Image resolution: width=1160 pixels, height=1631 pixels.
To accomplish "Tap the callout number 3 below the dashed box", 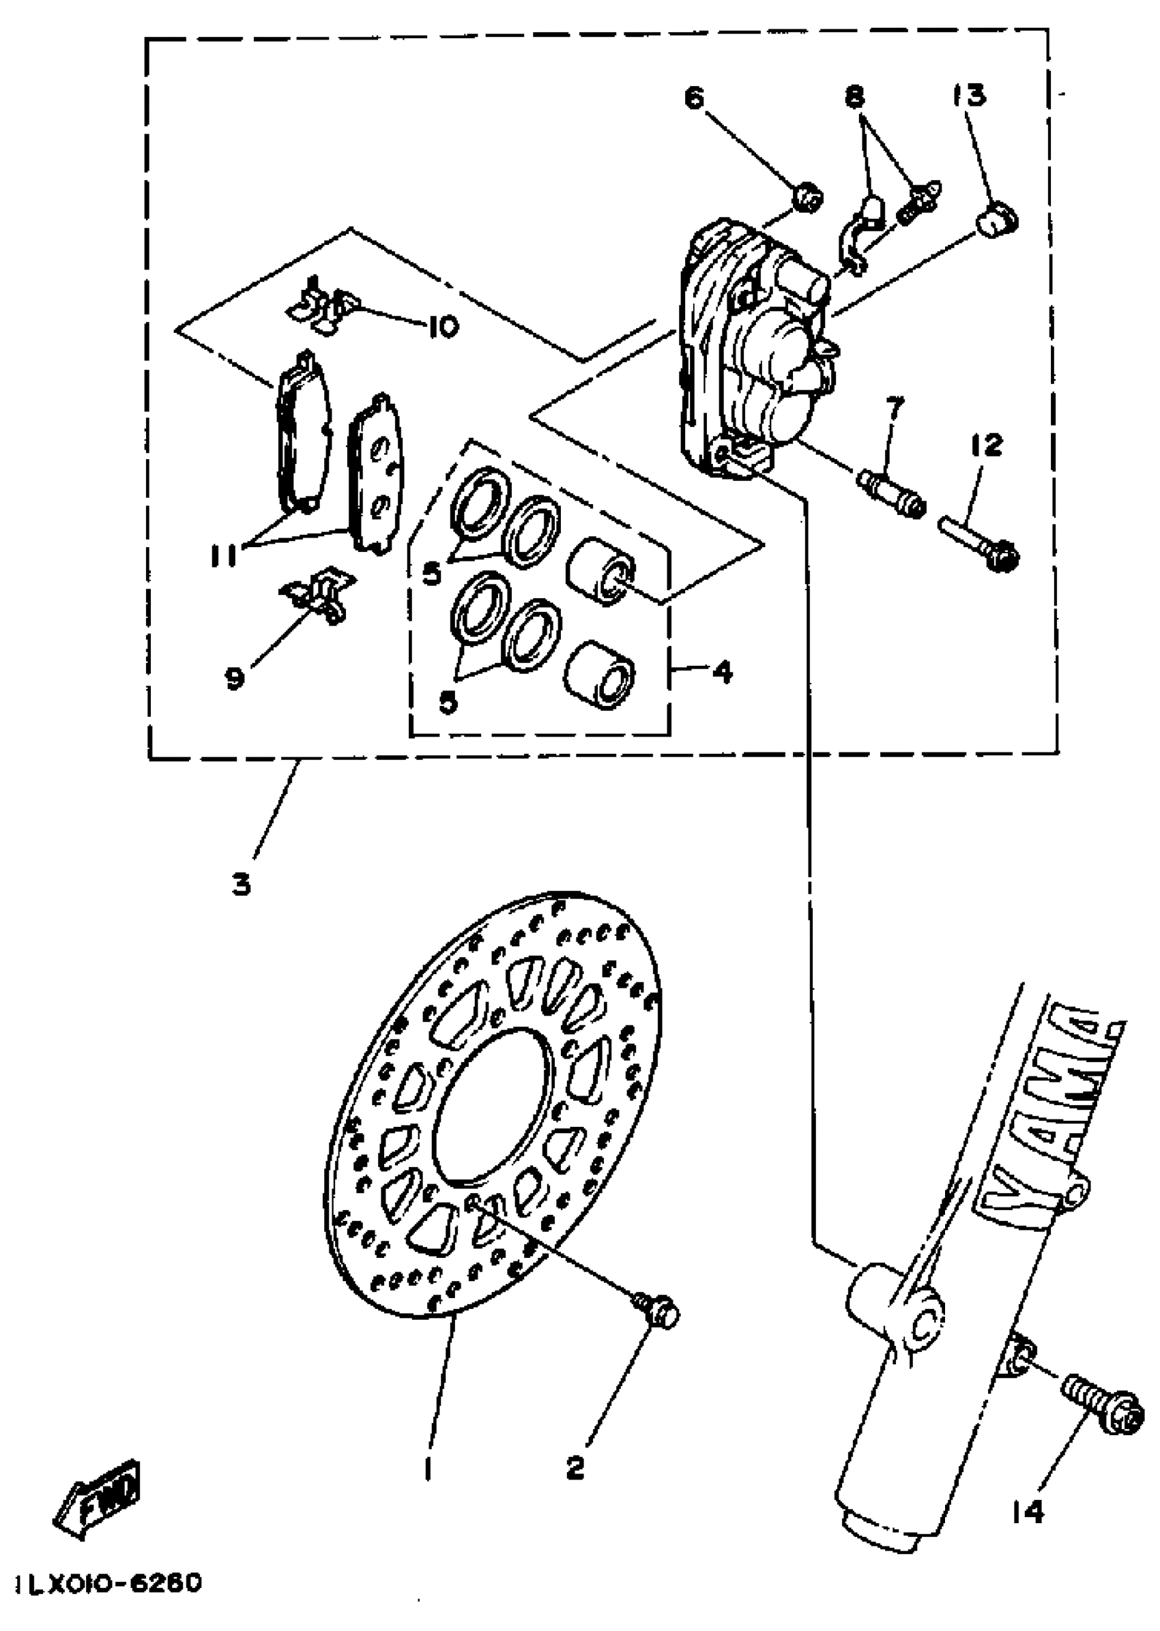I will pos(242,886).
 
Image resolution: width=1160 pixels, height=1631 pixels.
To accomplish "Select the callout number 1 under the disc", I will pos(428,1468).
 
